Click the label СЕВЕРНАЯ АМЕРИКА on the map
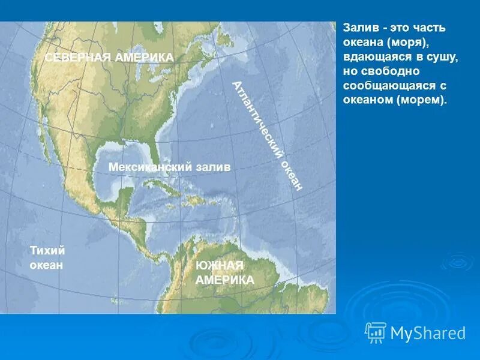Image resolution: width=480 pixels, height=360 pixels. (x=110, y=57)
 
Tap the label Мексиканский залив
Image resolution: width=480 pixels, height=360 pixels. (x=170, y=167)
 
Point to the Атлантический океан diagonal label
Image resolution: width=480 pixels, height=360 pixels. (x=267, y=136)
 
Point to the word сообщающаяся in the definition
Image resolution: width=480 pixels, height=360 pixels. (x=382, y=86)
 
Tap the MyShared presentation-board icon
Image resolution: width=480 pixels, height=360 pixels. (x=376, y=332)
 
